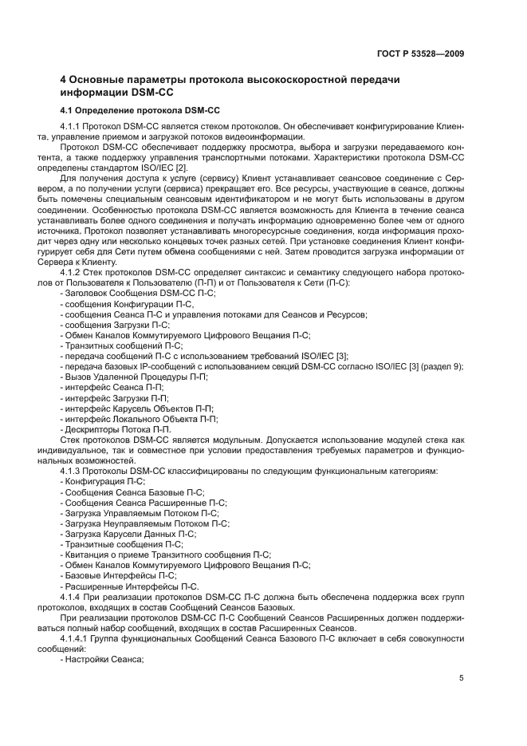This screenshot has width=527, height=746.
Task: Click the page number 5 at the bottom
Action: tap(462, 678)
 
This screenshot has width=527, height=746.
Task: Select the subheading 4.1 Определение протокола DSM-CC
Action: tap(140, 109)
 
